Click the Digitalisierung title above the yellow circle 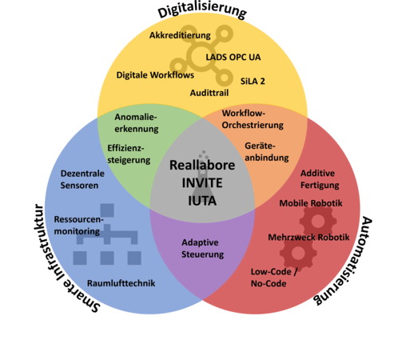[202, 10]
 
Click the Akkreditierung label [180, 35]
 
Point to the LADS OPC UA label [233, 57]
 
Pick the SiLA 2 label [253, 81]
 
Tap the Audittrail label [209, 93]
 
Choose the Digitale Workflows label [155, 75]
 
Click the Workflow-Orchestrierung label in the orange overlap [253, 119]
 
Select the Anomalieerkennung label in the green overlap [137, 122]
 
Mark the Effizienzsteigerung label [129, 154]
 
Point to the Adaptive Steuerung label [202, 248]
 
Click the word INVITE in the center [202, 183]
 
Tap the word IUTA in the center [202, 201]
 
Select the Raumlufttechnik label [121, 283]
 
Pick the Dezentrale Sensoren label [82, 179]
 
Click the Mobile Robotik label [311, 203]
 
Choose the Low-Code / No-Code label [274, 278]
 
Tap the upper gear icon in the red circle [318, 221]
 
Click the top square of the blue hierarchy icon [107, 210]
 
